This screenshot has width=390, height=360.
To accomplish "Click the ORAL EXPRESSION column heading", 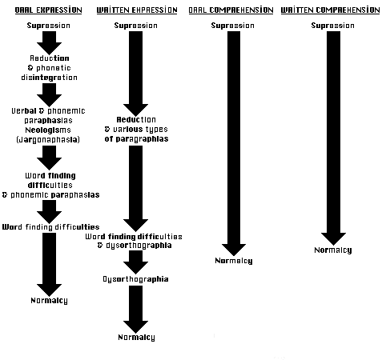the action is (x=48, y=10).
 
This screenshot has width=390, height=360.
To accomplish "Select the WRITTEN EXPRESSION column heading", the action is (x=137, y=10).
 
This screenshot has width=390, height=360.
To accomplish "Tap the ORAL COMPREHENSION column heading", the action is (x=231, y=10).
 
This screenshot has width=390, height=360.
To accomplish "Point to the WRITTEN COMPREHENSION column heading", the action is (x=330, y=10).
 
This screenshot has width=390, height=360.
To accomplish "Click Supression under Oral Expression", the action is (x=49, y=26).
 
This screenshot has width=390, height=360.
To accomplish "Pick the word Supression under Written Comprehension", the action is (x=333, y=26).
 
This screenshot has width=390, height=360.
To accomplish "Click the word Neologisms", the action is (x=48, y=130).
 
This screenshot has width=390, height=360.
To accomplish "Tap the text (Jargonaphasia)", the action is (x=48, y=140).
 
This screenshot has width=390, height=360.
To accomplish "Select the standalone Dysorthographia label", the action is (x=135, y=279).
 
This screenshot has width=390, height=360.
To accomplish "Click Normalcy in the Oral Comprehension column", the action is (x=234, y=261).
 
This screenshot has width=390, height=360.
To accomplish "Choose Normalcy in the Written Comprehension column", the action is (x=333, y=250).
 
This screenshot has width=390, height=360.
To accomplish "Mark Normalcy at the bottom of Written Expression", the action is (x=136, y=338).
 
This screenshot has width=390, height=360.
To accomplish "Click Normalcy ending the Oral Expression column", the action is (x=49, y=301).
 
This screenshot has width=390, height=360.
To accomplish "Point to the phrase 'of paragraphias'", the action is (x=136, y=139).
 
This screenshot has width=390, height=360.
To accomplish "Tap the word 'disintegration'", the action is (x=49, y=78).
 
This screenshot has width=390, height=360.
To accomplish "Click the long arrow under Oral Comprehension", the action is (x=234, y=143).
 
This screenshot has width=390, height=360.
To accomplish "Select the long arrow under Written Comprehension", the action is (x=333, y=138).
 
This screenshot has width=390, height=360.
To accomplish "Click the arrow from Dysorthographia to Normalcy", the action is (x=135, y=309).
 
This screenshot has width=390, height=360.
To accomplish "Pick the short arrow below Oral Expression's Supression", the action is (x=49, y=43).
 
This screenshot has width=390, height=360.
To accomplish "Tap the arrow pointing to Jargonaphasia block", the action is (x=49, y=95).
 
